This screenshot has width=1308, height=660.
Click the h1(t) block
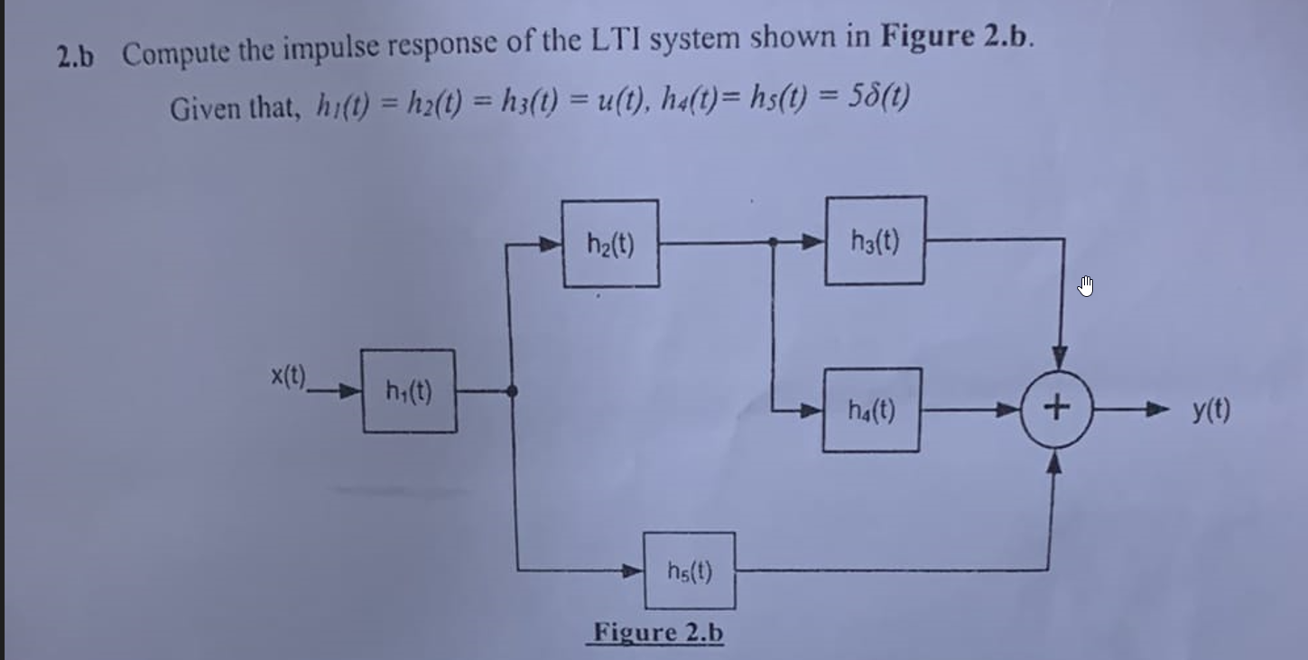409,391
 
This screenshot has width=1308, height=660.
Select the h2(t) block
610,244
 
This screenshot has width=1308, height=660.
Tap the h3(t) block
875,241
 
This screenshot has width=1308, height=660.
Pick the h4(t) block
871,411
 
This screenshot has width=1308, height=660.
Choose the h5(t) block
690,571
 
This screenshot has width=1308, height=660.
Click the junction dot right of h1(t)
513,391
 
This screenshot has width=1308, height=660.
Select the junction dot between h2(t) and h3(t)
774,242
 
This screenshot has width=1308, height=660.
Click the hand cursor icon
1086,288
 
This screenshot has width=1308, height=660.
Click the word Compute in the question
176,54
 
